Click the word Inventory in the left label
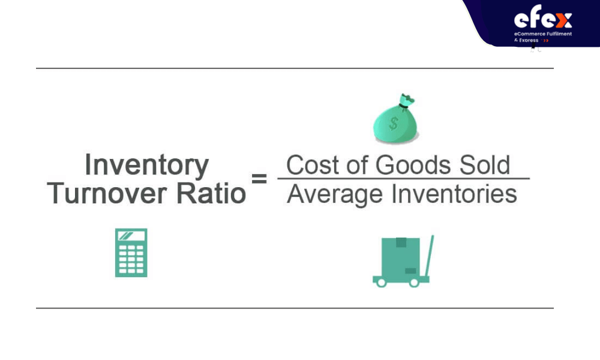click(146, 165)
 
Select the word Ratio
click(211, 193)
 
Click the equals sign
click(259, 178)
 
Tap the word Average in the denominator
click(334, 194)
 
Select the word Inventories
click(454, 194)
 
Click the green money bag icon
click(395, 119)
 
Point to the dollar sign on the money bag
click(394, 124)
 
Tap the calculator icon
click(131, 253)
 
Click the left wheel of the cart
click(381, 283)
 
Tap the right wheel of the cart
click(414, 283)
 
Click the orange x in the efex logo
click(563, 20)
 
